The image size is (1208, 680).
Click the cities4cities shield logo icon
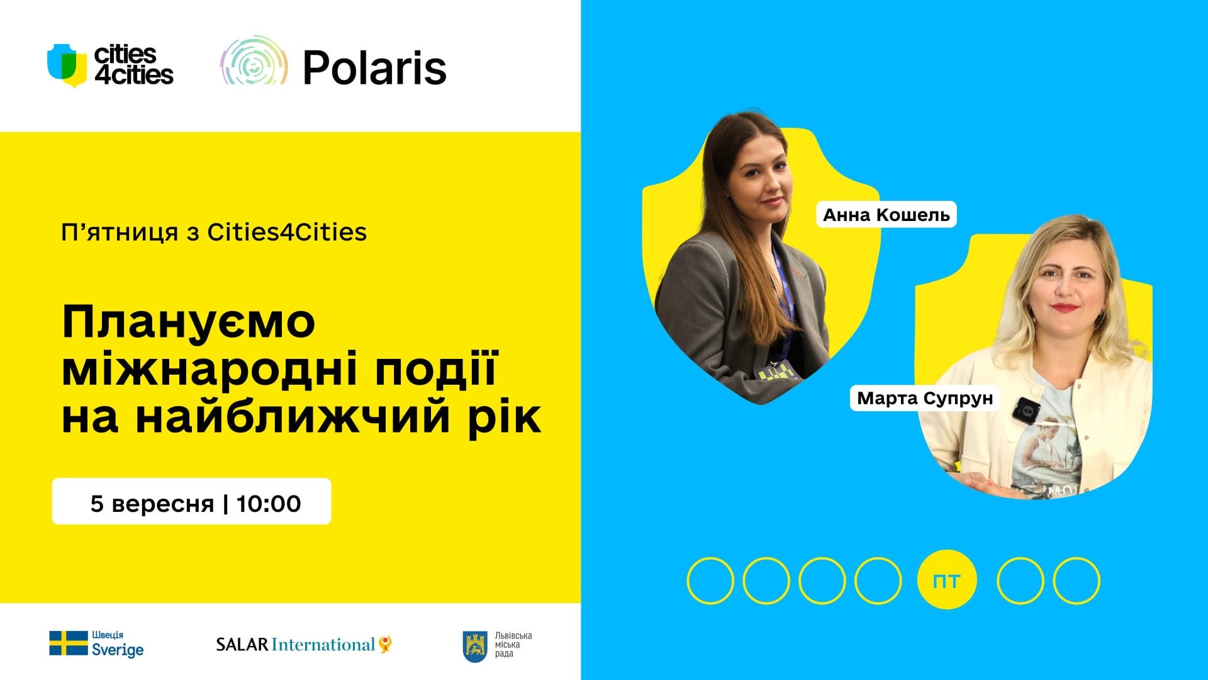(67, 65)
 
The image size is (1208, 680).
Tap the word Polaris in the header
(374, 67)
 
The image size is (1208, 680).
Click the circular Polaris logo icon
(254, 61)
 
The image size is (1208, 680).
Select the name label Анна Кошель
(886, 215)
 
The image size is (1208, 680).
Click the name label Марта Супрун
(925, 398)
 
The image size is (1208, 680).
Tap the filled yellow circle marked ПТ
(947, 581)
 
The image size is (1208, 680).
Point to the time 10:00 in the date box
(269, 504)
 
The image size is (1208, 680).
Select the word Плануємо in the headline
(189, 322)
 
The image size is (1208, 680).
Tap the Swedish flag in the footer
(69, 643)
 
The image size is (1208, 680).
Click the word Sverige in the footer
(118, 650)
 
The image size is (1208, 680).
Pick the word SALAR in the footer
(242, 645)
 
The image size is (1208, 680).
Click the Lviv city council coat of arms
(475, 647)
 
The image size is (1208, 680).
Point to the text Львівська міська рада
(513, 645)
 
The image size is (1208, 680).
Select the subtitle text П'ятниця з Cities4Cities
(214, 232)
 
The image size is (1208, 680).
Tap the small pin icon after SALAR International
(386, 644)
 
